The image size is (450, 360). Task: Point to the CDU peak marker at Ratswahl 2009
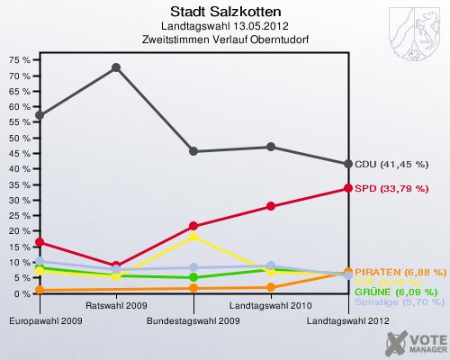[x=116, y=67]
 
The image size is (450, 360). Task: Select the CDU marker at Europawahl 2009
[x=40, y=116]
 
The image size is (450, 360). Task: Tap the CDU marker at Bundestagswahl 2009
[x=193, y=151]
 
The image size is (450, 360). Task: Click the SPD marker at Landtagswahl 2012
[x=347, y=188]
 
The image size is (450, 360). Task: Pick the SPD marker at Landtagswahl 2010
[x=271, y=206]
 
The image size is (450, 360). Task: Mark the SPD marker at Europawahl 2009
[x=40, y=242]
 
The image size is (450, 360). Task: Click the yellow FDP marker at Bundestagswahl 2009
[x=193, y=236]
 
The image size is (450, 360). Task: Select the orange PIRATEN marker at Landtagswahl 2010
[x=271, y=287]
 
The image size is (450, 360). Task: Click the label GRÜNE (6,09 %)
[x=396, y=292]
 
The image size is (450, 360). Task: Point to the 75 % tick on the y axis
[x=20, y=59]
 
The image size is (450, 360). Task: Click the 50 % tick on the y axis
[x=20, y=138]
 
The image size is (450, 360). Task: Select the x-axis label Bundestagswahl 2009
[x=193, y=319]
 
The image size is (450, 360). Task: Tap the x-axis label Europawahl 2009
[x=40, y=319]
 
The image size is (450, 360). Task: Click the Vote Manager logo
[x=414, y=342]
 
